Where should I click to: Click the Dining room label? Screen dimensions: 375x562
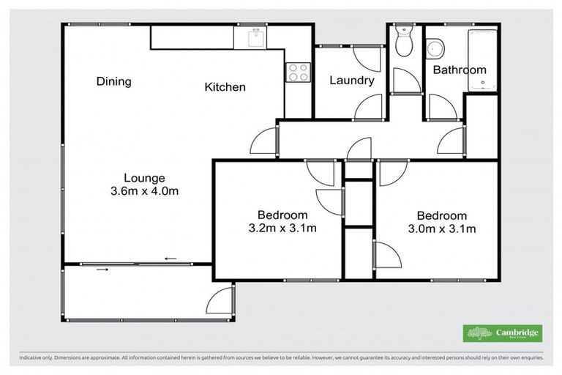pos(113,81)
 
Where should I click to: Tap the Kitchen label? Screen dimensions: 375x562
pos(225,87)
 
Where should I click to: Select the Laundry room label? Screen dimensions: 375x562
pos(351,81)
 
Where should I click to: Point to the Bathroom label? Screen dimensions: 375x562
pos(459,70)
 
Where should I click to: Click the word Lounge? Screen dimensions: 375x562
pos(143,178)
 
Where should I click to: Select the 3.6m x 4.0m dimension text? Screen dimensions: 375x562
pos(143,191)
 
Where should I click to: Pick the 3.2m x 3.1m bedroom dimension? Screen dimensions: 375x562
pos(282,229)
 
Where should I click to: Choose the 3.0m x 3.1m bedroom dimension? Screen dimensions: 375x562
pos(441,229)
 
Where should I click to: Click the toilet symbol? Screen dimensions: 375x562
pos(402,42)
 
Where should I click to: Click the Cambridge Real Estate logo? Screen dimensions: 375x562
pos(503,333)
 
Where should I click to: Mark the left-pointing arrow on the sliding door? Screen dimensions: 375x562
pos(171,259)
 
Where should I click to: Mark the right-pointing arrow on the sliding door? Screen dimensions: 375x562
pos(102,270)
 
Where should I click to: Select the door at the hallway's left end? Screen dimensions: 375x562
pos(265,141)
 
